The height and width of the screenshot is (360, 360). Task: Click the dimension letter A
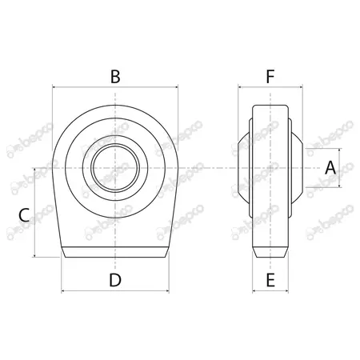tap(330, 168)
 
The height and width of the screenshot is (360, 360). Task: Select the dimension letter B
tap(115, 77)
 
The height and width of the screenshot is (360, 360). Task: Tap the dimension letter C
tap(24, 215)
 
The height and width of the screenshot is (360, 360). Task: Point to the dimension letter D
tap(115, 280)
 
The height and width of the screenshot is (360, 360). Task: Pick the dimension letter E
tap(270, 280)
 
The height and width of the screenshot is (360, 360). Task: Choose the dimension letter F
tap(270, 77)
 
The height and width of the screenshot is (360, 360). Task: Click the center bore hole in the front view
tap(115, 168)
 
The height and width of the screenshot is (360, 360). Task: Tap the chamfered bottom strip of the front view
tap(115, 252)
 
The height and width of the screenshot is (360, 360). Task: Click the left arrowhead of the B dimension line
tap(54, 87)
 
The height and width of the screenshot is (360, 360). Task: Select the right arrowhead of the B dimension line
tap(176, 87)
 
